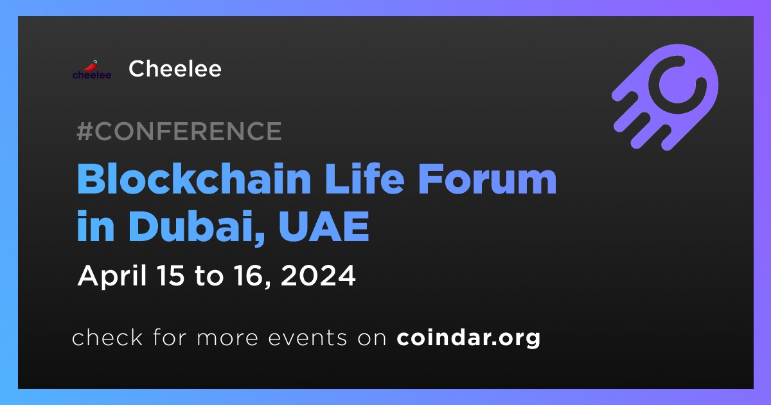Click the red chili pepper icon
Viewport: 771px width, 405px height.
(x=91, y=66)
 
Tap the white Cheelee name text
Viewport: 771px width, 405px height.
(x=175, y=69)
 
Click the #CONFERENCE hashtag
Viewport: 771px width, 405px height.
(x=179, y=131)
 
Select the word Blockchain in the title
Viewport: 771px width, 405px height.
(x=194, y=179)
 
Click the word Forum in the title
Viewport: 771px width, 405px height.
(x=487, y=179)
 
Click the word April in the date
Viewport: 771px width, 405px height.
(x=112, y=276)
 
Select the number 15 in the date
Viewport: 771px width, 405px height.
(x=170, y=276)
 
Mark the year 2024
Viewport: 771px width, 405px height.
(x=318, y=276)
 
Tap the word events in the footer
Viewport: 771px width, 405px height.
(x=307, y=338)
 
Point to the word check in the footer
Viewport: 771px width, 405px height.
(x=107, y=337)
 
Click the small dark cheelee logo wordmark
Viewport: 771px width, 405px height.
(x=92, y=75)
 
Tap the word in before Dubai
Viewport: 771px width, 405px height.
(x=95, y=226)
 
